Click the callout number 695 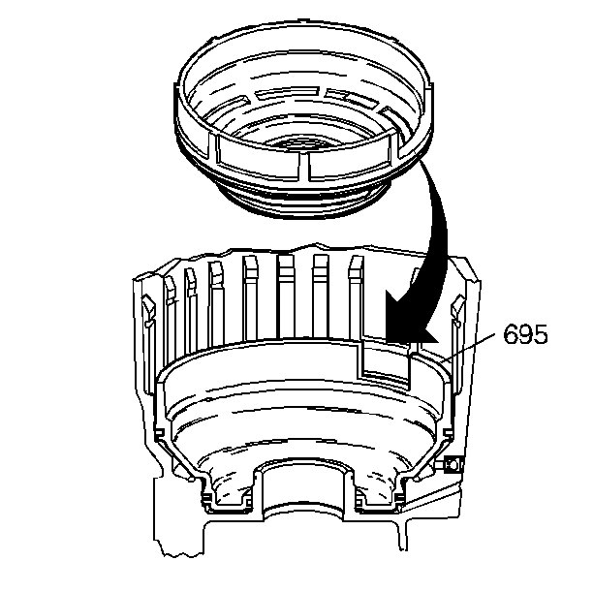pyautogui.click(x=525, y=333)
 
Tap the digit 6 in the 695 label pyautogui.click(x=511, y=333)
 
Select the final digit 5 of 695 pyautogui.click(x=541, y=333)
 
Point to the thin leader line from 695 pyautogui.click(x=468, y=347)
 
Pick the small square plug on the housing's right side pyautogui.click(x=453, y=464)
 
